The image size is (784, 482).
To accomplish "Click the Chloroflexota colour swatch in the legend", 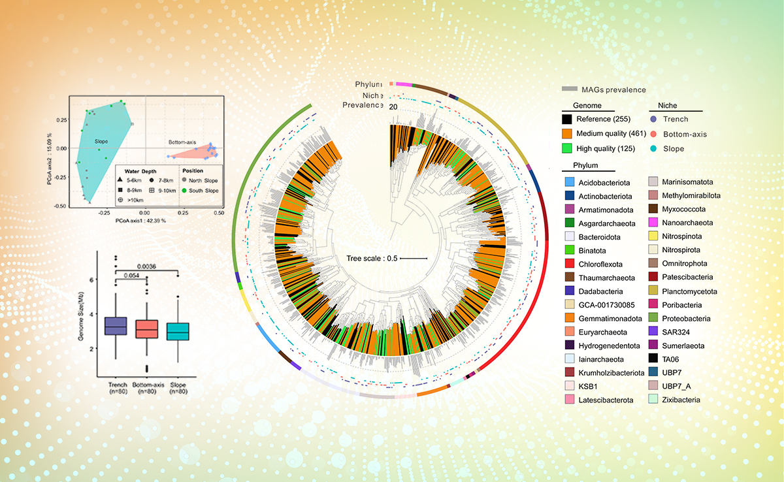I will pos(569,264).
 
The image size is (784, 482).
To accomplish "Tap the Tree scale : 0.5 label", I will pos(372,258).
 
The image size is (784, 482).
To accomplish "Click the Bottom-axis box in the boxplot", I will pos(149,329).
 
